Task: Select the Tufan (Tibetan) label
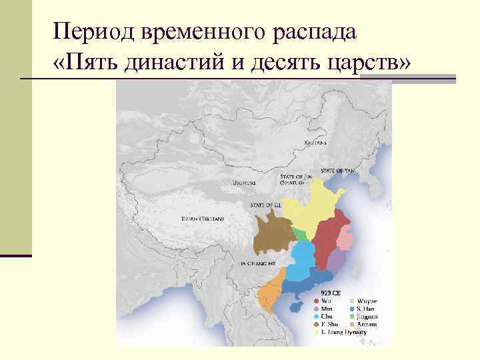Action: (x=203, y=219)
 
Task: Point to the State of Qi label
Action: (x=264, y=205)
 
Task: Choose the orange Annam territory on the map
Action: (x=270, y=297)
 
